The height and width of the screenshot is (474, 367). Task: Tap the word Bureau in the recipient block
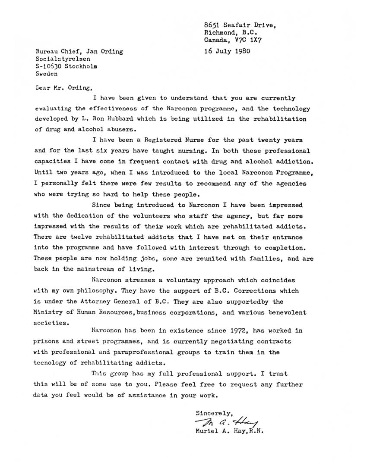[47, 52]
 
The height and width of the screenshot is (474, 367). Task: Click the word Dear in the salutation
[44, 88]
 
